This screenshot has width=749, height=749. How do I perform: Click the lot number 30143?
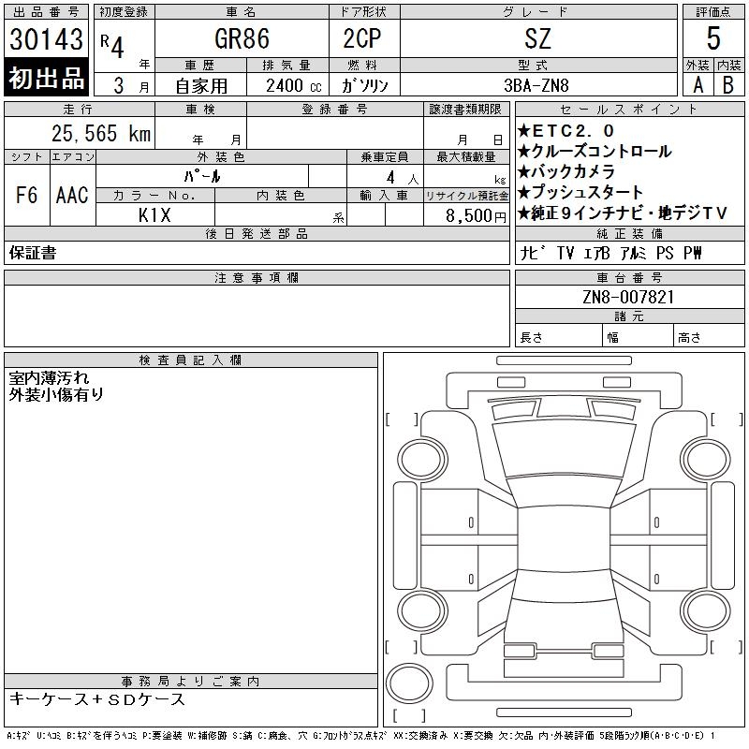point(47,39)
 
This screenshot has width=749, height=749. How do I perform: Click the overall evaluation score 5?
point(713,39)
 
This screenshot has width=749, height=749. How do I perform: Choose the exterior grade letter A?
point(698,84)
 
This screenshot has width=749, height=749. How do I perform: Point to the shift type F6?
point(26,196)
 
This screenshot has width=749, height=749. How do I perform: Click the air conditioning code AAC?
point(72,196)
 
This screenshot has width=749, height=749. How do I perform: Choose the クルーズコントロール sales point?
point(594,151)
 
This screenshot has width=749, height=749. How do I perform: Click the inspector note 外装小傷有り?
point(56,394)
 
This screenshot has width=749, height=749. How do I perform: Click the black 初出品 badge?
point(47,79)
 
